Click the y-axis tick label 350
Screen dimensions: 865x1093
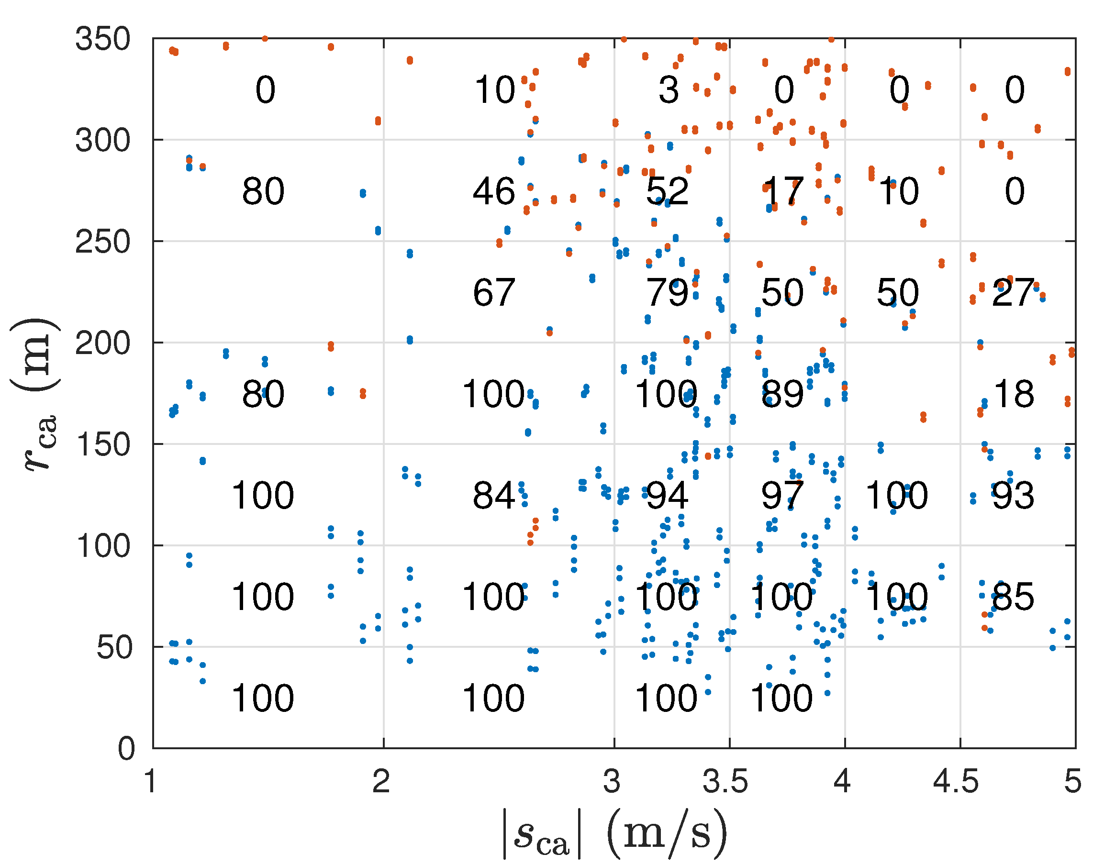[103, 39]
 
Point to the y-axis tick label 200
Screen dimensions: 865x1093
[103, 344]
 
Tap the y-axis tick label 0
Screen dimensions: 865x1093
[127, 749]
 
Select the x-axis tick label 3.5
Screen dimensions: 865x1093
[725, 781]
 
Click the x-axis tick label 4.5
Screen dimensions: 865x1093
[956, 781]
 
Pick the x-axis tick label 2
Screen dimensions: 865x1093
[381, 781]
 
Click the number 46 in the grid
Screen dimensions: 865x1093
[494, 191]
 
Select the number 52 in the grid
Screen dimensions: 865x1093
[667, 191]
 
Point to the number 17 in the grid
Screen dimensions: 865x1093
[782, 191]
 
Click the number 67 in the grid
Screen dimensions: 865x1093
[494, 293]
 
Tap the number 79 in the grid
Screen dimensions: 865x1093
[667, 293]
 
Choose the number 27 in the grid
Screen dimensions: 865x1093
[1013, 293]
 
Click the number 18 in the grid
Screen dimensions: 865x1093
[1014, 394]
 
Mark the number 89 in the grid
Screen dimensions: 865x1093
[782, 394]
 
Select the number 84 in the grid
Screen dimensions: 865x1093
[494, 495]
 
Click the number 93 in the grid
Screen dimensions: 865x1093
[1013, 495]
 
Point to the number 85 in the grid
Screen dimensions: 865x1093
[1013, 597]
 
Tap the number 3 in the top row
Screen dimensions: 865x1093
[669, 90]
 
